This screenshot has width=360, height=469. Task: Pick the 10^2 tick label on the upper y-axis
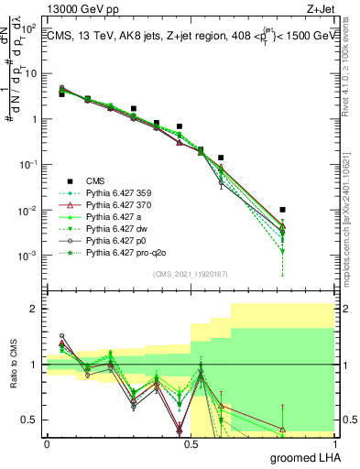[x=29, y=29]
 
